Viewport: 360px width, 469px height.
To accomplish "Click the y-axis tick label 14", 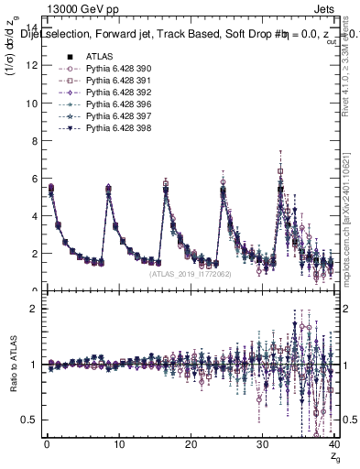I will (x=33, y=28).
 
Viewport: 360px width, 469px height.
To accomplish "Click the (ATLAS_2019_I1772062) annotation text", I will (x=191, y=273).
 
